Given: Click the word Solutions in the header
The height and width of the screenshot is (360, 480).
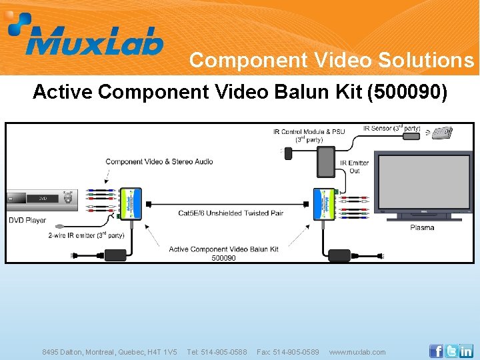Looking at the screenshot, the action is point(426,61).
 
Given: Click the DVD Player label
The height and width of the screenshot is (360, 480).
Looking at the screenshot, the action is point(27,220).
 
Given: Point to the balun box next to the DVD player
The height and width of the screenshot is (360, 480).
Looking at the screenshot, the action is point(131,203).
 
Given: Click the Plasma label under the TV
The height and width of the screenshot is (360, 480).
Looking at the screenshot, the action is point(421,228).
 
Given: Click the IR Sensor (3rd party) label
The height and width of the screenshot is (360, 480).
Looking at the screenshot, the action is point(392,128).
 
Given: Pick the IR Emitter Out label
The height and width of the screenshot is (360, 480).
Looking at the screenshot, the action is point(354,167).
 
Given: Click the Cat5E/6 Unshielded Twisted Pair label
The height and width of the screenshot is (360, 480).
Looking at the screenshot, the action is point(231,213).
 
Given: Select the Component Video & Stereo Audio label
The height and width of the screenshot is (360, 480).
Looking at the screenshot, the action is point(159,162).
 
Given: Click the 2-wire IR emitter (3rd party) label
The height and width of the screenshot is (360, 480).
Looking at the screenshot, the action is point(86,235).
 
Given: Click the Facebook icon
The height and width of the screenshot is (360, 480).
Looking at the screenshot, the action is point(436,351).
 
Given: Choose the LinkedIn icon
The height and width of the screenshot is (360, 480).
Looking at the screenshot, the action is point(466,351).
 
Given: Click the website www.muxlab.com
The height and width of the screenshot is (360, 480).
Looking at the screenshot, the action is point(357,352).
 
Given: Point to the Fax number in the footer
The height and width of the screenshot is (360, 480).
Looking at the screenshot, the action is point(288,352).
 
